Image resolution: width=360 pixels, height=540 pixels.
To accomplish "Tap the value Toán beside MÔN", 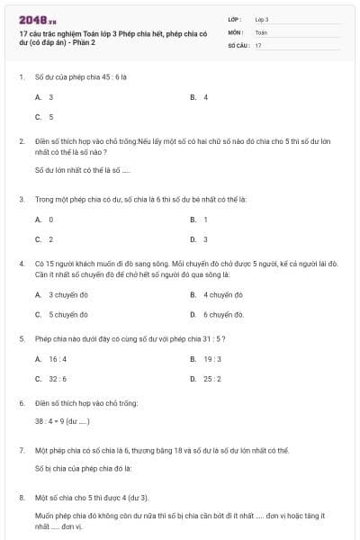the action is (261, 31).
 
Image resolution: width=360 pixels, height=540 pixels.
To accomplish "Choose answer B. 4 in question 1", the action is (200, 96).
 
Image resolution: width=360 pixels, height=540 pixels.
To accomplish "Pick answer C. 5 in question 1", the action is (44, 117).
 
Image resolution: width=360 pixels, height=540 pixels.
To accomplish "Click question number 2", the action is (21, 141).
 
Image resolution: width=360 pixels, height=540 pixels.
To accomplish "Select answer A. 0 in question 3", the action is (44, 219).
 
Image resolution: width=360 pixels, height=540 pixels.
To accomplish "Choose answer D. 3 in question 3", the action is (200, 239).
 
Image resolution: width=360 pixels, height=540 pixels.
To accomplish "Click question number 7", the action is (21, 448).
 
